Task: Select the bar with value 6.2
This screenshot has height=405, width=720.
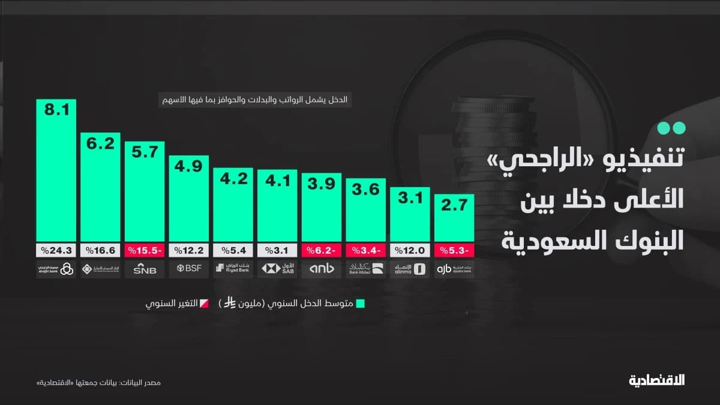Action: [100, 187]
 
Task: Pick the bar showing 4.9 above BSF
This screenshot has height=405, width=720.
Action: [188, 198]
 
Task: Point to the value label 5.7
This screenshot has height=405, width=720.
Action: [145, 152]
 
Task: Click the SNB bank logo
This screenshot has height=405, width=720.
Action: [145, 269]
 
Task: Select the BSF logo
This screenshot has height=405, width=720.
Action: [188, 269]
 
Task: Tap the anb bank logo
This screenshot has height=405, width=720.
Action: [322, 269]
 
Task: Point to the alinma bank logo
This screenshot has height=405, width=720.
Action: [410, 269]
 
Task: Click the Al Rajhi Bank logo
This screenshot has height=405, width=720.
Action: [56, 269]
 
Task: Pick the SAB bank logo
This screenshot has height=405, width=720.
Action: [277, 269]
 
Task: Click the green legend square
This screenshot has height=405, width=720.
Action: [360, 304]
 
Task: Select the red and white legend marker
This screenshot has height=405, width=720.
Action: [205, 304]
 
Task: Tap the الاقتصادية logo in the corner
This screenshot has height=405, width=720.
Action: [657, 380]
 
